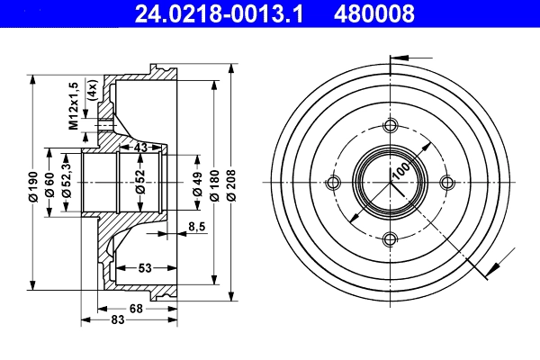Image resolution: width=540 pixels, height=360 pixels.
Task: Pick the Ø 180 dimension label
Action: [x=214, y=184]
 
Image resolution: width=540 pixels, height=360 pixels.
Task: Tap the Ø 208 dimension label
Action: [x=232, y=184]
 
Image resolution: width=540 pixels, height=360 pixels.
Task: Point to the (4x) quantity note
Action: [x=91, y=91]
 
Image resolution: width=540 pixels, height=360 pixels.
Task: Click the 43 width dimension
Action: [x=140, y=147]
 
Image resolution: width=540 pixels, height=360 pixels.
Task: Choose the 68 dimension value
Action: [x=137, y=310]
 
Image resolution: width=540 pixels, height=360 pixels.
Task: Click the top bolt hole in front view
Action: [x=391, y=126]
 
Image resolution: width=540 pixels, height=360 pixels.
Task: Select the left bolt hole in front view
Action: [x=334, y=184]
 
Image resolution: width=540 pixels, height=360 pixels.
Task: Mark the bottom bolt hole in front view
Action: [x=391, y=240]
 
